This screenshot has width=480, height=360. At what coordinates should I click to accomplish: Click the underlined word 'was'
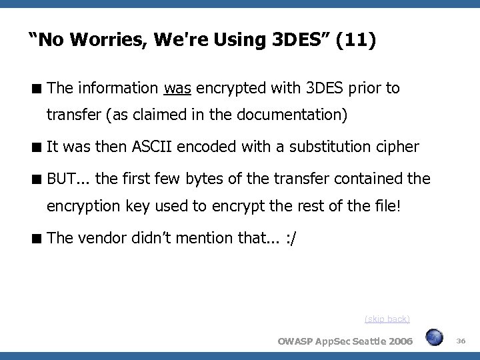pos(176,89)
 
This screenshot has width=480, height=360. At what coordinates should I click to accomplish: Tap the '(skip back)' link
pos(387,319)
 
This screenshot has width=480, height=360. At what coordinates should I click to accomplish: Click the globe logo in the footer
pos(434,339)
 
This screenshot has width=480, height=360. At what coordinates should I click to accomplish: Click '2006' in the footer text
pos(399,341)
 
